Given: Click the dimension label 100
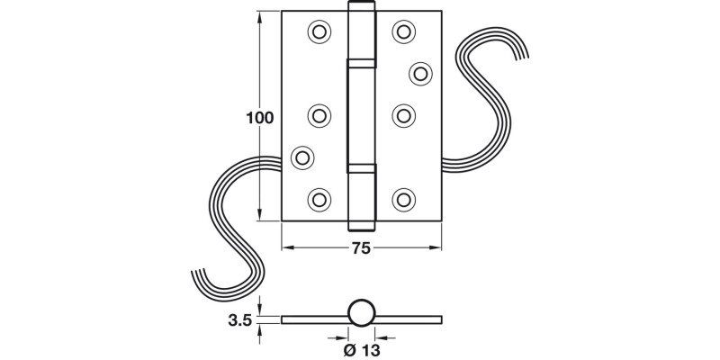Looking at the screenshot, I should (x=258, y=117).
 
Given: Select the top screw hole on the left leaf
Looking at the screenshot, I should (x=319, y=31).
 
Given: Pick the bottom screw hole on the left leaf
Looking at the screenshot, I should (x=319, y=199).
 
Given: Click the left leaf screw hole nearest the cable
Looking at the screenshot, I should (x=303, y=157).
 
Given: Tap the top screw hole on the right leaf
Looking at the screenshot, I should (x=402, y=31).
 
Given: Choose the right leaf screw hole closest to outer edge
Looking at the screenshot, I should (x=419, y=72).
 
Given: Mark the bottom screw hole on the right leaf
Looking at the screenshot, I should (x=403, y=199).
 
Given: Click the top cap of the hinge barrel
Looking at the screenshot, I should (x=361, y=11).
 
